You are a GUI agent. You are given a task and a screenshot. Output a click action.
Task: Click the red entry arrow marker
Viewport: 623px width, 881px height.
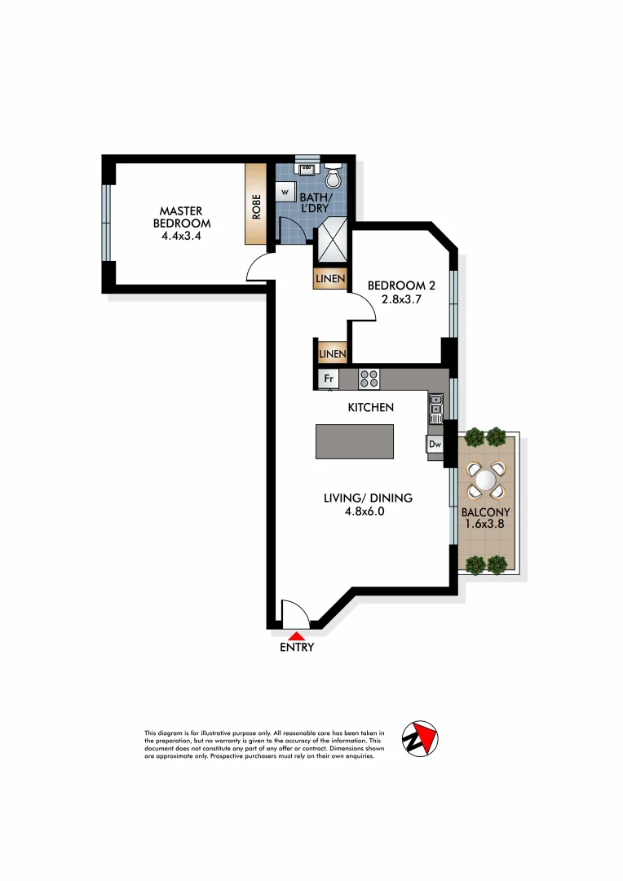tap(297, 635)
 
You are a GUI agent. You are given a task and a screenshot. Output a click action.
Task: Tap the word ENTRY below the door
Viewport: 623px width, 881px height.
tap(297, 649)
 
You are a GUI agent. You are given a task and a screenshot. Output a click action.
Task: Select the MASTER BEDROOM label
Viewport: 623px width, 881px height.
tap(185, 217)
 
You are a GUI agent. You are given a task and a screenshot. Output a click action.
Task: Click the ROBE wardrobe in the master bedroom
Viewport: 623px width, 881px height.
tap(256, 205)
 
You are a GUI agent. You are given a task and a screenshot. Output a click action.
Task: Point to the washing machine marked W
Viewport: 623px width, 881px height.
tap(285, 191)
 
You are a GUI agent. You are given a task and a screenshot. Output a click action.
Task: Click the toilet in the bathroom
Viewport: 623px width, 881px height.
tap(333, 176)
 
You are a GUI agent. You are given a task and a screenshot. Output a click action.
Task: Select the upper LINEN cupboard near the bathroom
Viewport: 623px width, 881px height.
tap(330, 280)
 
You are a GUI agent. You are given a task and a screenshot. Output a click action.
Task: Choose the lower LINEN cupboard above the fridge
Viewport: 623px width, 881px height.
tap(332, 353)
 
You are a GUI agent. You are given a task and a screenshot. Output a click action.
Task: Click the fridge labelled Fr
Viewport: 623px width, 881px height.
tap(329, 379)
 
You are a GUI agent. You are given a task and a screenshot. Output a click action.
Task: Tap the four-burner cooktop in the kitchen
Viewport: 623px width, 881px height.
tap(369, 379)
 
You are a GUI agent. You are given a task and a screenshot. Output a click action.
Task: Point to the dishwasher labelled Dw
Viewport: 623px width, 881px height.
tap(435, 445)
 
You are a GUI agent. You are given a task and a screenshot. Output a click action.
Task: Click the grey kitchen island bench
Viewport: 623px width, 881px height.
tap(355, 441)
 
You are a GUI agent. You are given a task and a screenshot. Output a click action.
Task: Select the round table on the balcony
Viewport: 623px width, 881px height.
tap(485, 480)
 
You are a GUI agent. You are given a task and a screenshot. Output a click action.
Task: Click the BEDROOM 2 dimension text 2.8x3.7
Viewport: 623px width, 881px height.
tap(396, 299)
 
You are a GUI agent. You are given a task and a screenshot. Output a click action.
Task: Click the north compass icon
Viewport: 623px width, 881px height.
tap(421, 738)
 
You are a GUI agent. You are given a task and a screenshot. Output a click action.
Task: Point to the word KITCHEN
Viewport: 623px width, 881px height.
tap(371, 407)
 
